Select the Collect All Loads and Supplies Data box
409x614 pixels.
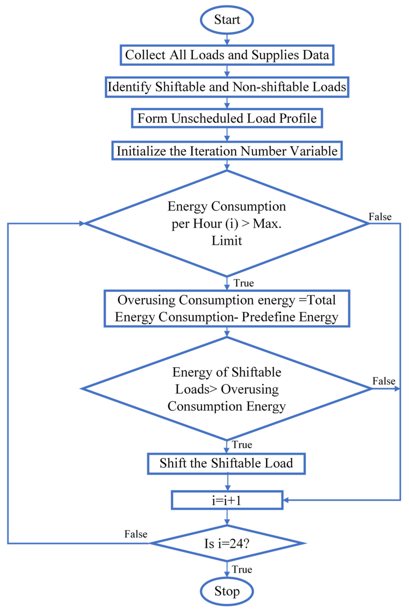click(227, 55)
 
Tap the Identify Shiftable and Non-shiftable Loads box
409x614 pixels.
click(227, 87)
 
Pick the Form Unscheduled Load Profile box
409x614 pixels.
click(227, 118)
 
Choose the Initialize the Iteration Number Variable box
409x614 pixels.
click(227, 151)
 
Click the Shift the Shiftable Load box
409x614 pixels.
click(226, 463)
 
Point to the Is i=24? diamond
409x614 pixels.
click(227, 543)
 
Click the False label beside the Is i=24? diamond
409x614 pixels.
click(136, 534)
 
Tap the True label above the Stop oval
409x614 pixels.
click(242, 569)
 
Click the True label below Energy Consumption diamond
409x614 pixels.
click(243, 283)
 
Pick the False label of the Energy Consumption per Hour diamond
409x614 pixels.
click(380, 217)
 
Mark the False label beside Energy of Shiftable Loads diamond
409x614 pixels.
click(384, 381)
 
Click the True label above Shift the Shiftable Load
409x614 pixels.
click(242, 444)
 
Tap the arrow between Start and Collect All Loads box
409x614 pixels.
click(227, 39)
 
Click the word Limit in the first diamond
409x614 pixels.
click(226, 240)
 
